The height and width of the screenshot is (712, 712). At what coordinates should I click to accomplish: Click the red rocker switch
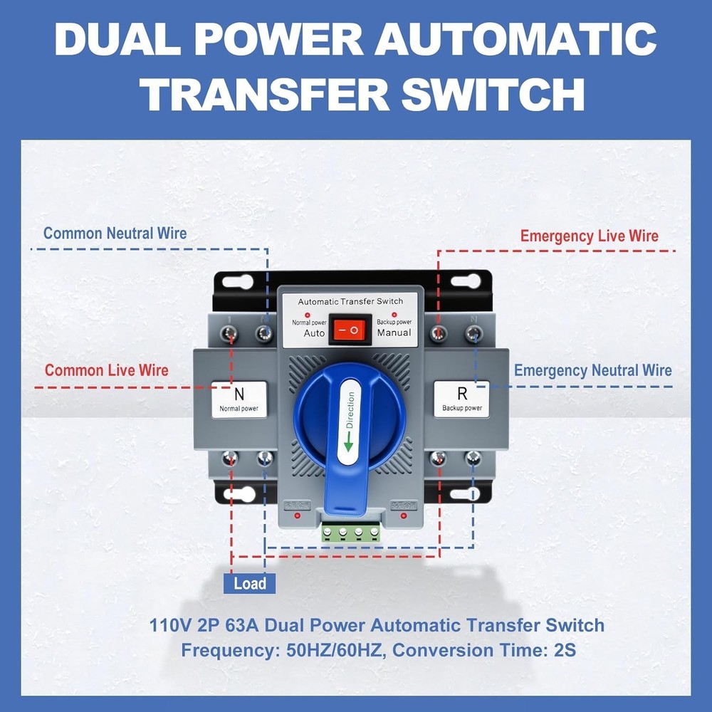(x=350, y=329)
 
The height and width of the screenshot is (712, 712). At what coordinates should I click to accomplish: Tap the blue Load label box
(x=249, y=583)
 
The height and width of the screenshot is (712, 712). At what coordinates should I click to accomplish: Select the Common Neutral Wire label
(x=115, y=233)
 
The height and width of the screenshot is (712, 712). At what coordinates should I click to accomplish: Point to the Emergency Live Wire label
(x=589, y=236)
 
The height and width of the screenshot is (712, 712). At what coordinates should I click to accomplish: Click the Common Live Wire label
(x=107, y=370)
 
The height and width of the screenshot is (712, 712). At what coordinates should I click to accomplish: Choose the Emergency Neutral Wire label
(x=592, y=370)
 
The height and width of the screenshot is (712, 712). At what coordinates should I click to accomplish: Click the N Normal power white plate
(x=239, y=399)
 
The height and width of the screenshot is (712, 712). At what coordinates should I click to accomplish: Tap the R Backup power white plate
(x=461, y=399)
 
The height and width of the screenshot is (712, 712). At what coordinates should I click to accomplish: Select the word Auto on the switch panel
(x=314, y=333)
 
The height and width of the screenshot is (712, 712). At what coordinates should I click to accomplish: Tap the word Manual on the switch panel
(x=394, y=333)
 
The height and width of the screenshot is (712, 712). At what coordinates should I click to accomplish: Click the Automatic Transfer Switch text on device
(x=350, y=301)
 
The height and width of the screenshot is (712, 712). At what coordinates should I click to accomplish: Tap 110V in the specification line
(x=170, y=626)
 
